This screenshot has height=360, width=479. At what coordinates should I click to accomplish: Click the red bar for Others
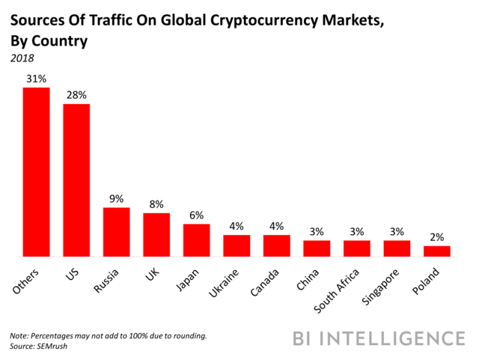pos(36,172)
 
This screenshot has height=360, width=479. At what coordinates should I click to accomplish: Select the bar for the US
pos(76,180)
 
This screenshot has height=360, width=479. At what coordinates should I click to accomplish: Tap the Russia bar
pos(116,232)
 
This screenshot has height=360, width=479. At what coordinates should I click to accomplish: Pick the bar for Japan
pos(197,240)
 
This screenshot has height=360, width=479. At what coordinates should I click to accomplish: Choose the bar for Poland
pos(437,251)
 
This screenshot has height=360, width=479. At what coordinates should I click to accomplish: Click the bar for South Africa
pos(357,248)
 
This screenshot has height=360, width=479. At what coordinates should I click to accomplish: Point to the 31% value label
pos(37,79)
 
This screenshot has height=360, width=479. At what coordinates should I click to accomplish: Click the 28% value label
pos(76,95)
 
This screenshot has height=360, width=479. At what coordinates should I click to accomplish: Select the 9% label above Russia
pos(117,199)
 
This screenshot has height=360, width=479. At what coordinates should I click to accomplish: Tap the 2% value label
pos(437,237)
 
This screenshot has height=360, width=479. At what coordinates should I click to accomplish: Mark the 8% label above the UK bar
pos(156,204)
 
